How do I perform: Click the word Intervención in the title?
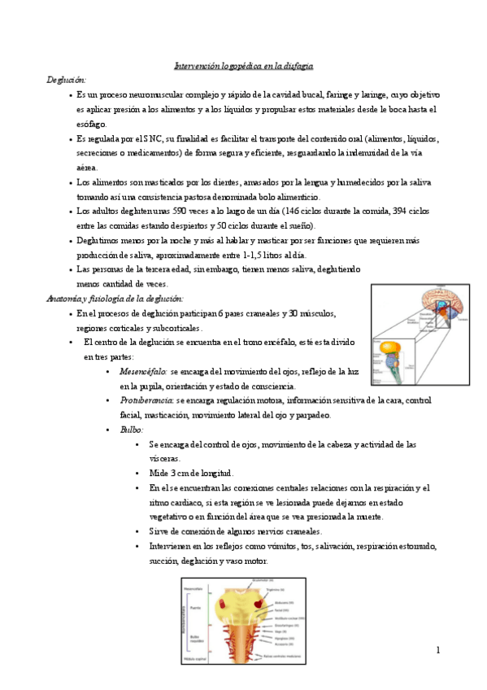tap(199, 66)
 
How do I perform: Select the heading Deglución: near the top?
tap(67, 80)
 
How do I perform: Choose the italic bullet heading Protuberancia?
tap(146, 400)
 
